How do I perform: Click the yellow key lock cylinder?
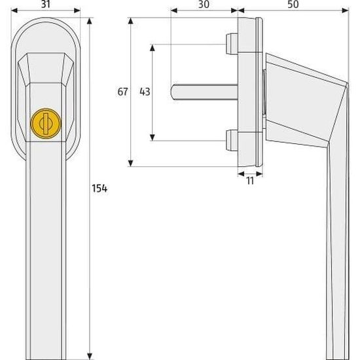(45, 122)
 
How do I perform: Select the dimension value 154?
(99, 189)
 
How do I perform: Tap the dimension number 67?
(122, 92)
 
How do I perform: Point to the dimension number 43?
(145, 92)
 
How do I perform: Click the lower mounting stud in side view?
(231, 139)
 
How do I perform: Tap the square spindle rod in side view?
(203, 92)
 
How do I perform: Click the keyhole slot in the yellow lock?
(45, 122)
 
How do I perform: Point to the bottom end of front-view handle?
(45, 350)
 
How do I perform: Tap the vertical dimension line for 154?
(89, 262)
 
